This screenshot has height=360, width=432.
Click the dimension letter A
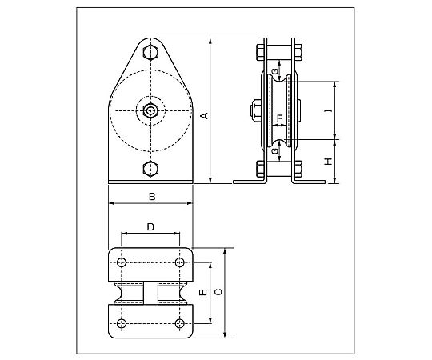click(205, 116)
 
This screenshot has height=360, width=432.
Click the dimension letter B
click(152, 197)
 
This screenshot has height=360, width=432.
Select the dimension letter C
click(218, 292)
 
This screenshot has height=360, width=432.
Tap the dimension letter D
click(150, 227)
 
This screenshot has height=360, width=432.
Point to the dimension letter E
click(203, 293)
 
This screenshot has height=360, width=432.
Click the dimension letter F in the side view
click(280, 118)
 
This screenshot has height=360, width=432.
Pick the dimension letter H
click(328, 162)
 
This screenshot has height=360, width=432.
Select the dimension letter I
click(328, 110)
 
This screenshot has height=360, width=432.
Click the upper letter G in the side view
click(274, 72)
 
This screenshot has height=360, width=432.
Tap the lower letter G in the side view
click(274, 150)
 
